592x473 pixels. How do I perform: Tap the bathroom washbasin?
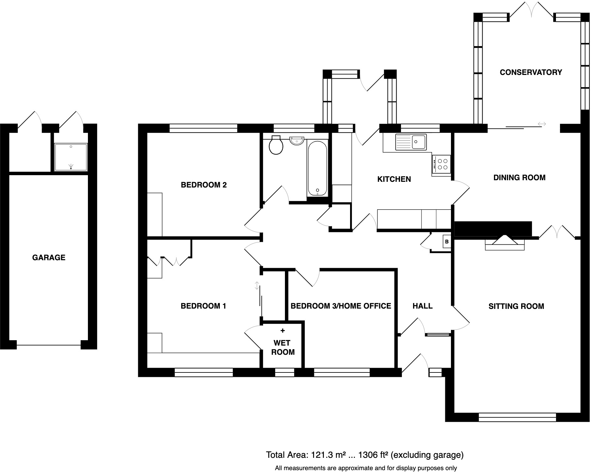tap(296, 141)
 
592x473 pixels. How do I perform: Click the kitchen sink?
tap(410, 142)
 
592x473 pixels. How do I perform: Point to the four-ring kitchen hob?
tap(441, 164)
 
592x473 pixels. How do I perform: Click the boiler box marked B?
tap(447, 242)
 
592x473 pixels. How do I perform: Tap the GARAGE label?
tap(49, 258)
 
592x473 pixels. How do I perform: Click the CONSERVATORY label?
tap(531, 72)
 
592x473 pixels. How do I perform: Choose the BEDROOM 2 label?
tap(204, 185)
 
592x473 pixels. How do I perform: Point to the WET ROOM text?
tap(283, 347)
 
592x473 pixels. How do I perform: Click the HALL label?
tap(422, 306)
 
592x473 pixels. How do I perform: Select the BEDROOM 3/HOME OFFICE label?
tap(341, 306)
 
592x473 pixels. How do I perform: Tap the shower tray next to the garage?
tap(71, 157)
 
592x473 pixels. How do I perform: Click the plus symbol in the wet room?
tap(282, 331)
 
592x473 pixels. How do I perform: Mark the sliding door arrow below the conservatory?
tap(542, 124)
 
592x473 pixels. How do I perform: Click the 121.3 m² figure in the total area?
tap(325, 455)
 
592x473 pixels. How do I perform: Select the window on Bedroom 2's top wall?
tap(203, 128)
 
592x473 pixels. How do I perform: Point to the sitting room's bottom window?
tap(517, 417)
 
